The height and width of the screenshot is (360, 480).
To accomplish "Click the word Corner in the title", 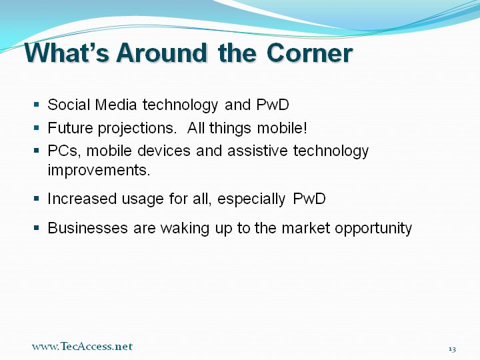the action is [x=309, y=53].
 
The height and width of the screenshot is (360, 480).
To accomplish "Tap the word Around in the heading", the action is [x=161, y=53].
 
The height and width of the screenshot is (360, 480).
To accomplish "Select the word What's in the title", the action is [x=67, y=53].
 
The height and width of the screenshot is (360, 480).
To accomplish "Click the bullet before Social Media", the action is [x=37, y=105].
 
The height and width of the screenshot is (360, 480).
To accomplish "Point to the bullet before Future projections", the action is [x=37, y=127].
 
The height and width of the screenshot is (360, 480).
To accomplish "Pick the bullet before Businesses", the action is [x=37, y=227].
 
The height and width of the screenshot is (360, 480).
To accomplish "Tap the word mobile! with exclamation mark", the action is [x=282, y=127].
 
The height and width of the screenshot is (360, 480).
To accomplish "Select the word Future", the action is [x=70, y=127].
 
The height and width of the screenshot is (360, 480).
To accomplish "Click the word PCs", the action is [x=63, y=150].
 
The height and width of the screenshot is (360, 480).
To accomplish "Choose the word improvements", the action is [x=99, y=170].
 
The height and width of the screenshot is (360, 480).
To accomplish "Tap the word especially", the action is [x=251, y=199].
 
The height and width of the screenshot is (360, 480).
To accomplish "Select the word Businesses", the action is [x=87, y=228].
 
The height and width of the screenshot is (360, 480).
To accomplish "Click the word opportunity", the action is [x=373, y=229].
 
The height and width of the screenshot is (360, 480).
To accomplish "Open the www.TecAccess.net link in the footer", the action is [x=82, y=346].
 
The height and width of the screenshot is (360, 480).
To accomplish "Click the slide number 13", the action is [x=453, y=349].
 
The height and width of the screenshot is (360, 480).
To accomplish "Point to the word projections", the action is [x=137, y=129].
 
